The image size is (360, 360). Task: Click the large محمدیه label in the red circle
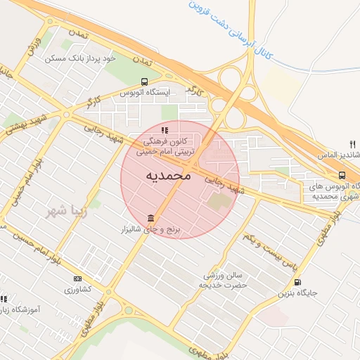pos(168,175)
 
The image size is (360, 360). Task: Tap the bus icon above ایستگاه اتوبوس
pos(144,82)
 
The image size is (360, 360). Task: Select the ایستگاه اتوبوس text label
pos(144,93)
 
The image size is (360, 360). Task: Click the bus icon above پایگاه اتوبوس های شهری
pos(342,176)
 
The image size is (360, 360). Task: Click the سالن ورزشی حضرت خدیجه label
pos(223,280)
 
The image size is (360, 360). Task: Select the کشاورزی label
pos(77,289)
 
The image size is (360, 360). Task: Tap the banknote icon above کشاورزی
pos(77,278)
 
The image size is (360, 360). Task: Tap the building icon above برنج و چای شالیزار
pos(150,218)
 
